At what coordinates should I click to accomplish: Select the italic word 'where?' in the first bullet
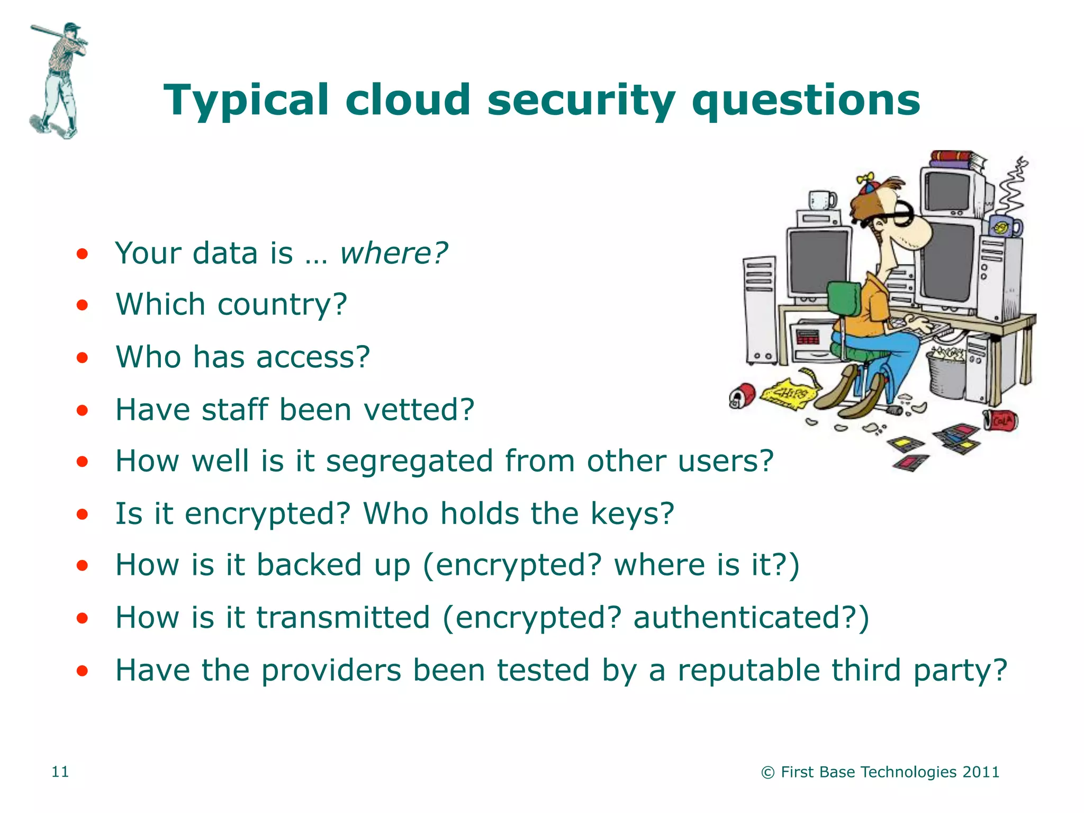click(x=393, y=254)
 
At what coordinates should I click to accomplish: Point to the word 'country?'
click(x=282, y=305)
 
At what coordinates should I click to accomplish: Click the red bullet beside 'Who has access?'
click(x=82, y=358)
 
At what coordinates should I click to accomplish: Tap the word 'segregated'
click(x=409, y=462)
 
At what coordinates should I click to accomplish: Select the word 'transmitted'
click(x=343, y=618)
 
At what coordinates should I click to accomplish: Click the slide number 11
click(x=60, y=772)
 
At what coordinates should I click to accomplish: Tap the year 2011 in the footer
click(x=981, y=772)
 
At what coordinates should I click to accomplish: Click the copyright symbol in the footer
click(x=767, y=773)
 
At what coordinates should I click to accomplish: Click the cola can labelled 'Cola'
click(x=1000, y=421)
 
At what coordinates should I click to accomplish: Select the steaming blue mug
click(x=1005, y=227)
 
